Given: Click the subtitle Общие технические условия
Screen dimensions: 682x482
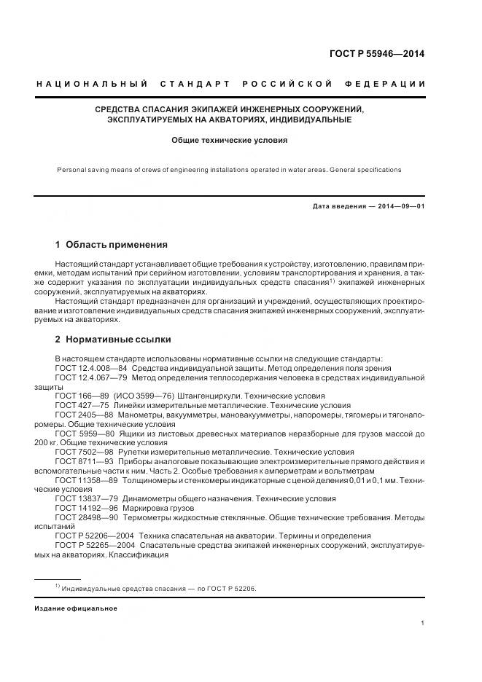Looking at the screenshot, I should click(230, 139).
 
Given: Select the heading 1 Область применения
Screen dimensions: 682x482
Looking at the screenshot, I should click(112, 245).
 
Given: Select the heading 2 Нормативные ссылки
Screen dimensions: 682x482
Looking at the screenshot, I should click(113, 340).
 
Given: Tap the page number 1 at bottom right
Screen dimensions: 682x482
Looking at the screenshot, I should click(423, 623).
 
